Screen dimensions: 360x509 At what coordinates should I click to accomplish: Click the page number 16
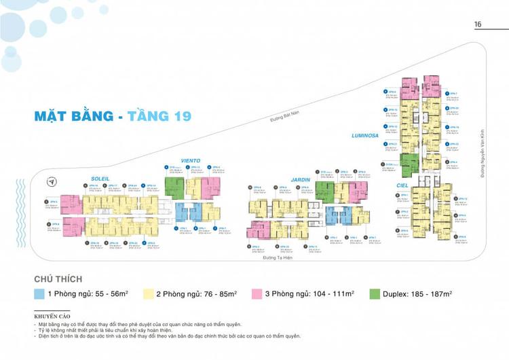tap(478, 24)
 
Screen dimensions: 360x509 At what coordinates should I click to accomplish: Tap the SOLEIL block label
tap(100, 179)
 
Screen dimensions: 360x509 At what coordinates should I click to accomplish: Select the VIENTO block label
tap(171, 162)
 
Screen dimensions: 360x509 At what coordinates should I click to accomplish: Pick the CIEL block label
tap(403, 184)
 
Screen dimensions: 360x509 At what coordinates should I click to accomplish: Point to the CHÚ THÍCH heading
tap(58, 279)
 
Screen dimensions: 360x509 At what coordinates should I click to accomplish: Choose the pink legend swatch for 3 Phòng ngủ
tap(259, 295)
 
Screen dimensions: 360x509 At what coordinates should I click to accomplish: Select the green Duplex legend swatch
tap(375, 295)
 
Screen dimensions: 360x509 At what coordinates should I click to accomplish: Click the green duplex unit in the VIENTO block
tap(175, 189)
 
